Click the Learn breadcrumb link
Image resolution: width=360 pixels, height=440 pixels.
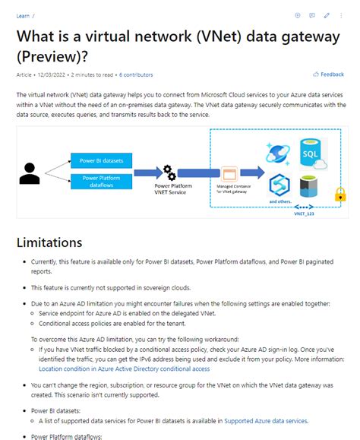pos(23,15)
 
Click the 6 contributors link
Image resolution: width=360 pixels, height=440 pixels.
pos(136,74)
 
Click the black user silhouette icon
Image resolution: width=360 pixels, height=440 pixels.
pos(30,173)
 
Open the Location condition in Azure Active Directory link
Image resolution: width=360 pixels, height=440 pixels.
pos(125,369)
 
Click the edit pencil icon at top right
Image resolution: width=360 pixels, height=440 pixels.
pos(327,15)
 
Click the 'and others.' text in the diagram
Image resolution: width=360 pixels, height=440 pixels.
pos(278,201)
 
